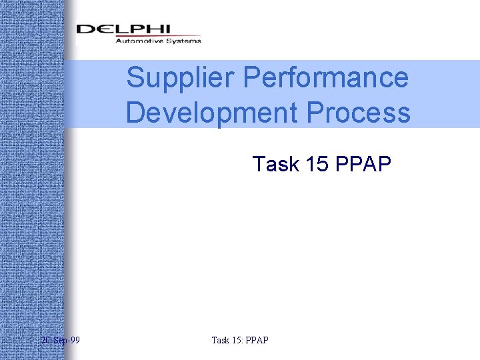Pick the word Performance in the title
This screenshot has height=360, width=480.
coord(326,78)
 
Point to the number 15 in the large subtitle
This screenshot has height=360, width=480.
coord(317,164)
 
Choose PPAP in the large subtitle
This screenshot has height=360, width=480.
coord(365,164)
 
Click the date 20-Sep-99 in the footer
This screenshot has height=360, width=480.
coord(60,341)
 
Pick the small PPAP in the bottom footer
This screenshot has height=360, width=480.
coord(257,341)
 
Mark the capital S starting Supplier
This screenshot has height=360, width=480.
coord(135,78)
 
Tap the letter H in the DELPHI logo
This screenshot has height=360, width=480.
coord(151,29)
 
